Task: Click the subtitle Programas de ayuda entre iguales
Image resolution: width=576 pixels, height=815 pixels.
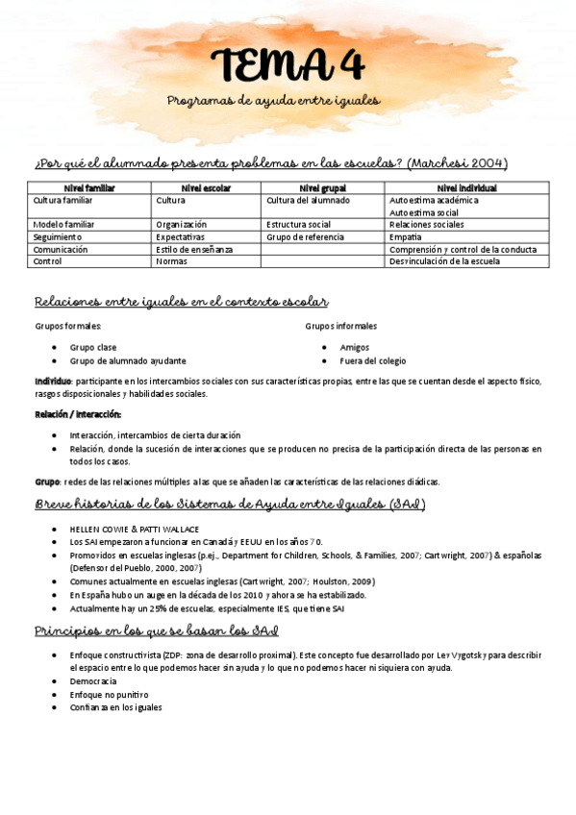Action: (274, 100)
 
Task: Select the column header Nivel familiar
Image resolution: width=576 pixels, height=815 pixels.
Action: (88, 188)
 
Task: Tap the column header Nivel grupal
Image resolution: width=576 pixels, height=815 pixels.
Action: (322, 188)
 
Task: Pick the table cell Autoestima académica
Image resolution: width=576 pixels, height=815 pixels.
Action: (434, 201)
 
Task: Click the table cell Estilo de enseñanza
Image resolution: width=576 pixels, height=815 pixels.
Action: (194, 249)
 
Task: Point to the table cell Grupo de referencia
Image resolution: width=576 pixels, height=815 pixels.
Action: (304, 236)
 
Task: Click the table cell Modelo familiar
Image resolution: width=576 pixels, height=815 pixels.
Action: (63, 225)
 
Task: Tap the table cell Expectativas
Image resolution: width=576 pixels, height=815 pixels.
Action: (180, 236)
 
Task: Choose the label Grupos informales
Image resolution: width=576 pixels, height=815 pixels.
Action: (341, 327)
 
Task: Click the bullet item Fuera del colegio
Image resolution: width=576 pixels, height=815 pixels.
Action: (372, 361)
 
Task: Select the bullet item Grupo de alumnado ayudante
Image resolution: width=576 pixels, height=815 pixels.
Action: (128, 361)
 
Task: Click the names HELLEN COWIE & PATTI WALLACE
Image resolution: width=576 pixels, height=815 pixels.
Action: (135, 530)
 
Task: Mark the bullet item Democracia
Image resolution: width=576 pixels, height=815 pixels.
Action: (93, 680)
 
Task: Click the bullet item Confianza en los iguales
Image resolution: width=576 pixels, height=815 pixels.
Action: (115, 707)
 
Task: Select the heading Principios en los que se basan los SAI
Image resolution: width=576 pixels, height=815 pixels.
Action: (157, 631)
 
